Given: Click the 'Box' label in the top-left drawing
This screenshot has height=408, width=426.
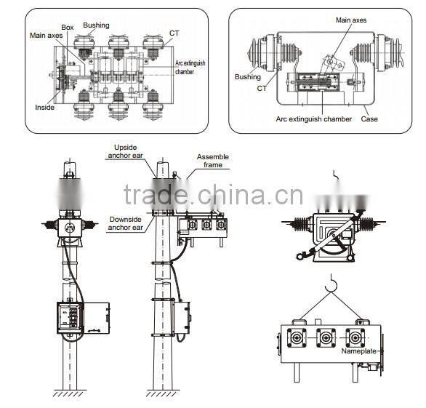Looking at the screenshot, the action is [68, 28].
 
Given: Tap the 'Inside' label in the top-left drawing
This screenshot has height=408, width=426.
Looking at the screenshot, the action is [44, 108].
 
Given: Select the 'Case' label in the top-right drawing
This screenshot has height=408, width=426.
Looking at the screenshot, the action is [369, 119].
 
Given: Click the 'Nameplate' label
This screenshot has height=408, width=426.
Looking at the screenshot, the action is [358, 351].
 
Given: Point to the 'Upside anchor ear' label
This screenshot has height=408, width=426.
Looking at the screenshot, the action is [125, 151].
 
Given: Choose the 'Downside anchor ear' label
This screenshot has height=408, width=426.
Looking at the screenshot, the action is [125, 223].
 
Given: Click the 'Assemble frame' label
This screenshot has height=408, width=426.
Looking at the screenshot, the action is [213, 161].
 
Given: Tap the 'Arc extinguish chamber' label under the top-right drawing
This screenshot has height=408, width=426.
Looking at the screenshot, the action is [314, 119].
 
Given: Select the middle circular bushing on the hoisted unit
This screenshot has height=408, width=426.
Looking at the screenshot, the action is [325, 338].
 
